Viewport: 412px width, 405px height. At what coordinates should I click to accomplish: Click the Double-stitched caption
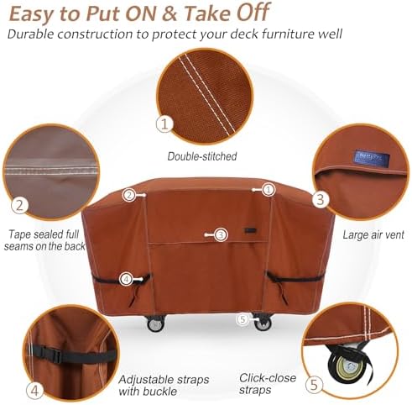[202, 155]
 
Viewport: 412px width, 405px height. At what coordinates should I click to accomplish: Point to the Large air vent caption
[373, 234]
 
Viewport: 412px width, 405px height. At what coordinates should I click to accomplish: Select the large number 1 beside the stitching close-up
[164, 124]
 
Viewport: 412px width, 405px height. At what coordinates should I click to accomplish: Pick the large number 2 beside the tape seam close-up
[18, 205]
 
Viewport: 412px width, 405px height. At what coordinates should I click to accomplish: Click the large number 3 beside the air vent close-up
[320, 199]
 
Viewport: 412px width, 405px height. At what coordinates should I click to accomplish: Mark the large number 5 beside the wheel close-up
[312, 386]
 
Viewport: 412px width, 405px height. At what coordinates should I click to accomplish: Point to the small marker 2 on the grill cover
[129, 195]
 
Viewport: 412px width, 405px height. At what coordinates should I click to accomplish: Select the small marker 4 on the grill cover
[126, 278]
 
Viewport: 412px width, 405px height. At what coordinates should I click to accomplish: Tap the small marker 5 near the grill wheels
[243, 318]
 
